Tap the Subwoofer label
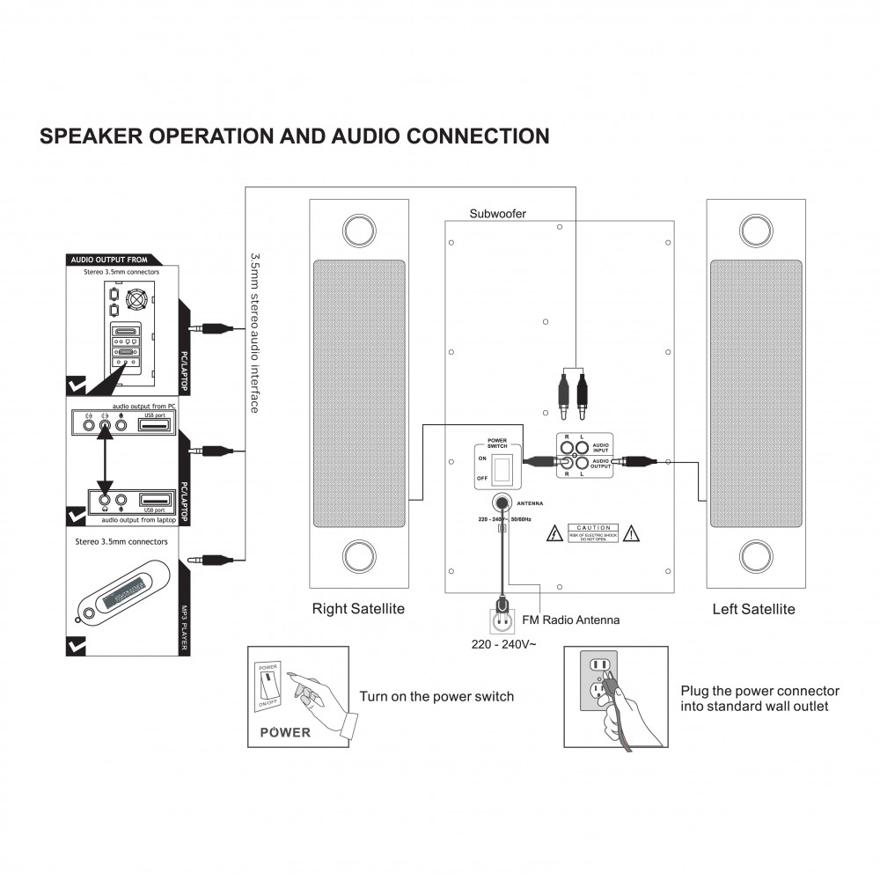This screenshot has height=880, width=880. click(x=498, y=213)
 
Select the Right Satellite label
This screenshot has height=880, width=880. click(x=358, y=609)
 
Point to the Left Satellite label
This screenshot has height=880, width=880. click(x=753, y=609)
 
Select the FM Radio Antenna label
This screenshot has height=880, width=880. click(x=571, y=620)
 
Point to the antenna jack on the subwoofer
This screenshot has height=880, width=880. click(x=503, y=503)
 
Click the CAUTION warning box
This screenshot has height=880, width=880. click(x=592, y=532)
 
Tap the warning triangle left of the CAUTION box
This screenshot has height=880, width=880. click(x=555, y=533)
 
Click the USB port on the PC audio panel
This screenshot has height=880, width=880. click(x=156, y=425)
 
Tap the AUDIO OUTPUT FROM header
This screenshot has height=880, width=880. click(x=108, y=260)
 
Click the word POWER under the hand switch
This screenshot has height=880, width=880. click(x=284, y=732)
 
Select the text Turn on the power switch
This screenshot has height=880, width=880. click(x=436, y=697)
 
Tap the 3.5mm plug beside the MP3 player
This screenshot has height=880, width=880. click(x=216, y=559)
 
